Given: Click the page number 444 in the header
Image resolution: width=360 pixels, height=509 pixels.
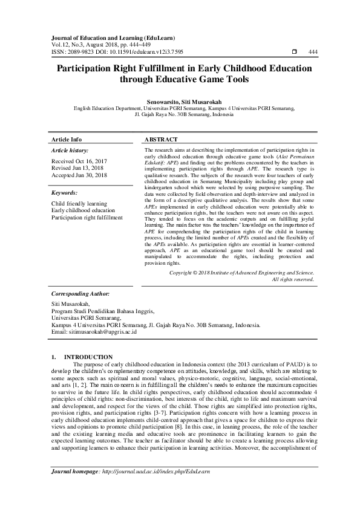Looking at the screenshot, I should click(x=313, y=53).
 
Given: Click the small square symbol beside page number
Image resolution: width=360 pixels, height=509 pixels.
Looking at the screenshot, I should click(x=294, y=53).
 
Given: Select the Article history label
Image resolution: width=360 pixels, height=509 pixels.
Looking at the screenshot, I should click(x=70, y=150).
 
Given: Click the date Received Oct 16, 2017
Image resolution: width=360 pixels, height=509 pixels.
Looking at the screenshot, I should click(x=79, y=161).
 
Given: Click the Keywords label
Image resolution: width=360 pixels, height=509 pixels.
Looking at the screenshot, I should click(x=65, y=193).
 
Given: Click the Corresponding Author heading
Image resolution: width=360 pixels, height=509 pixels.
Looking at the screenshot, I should click(x=80, y=293).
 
